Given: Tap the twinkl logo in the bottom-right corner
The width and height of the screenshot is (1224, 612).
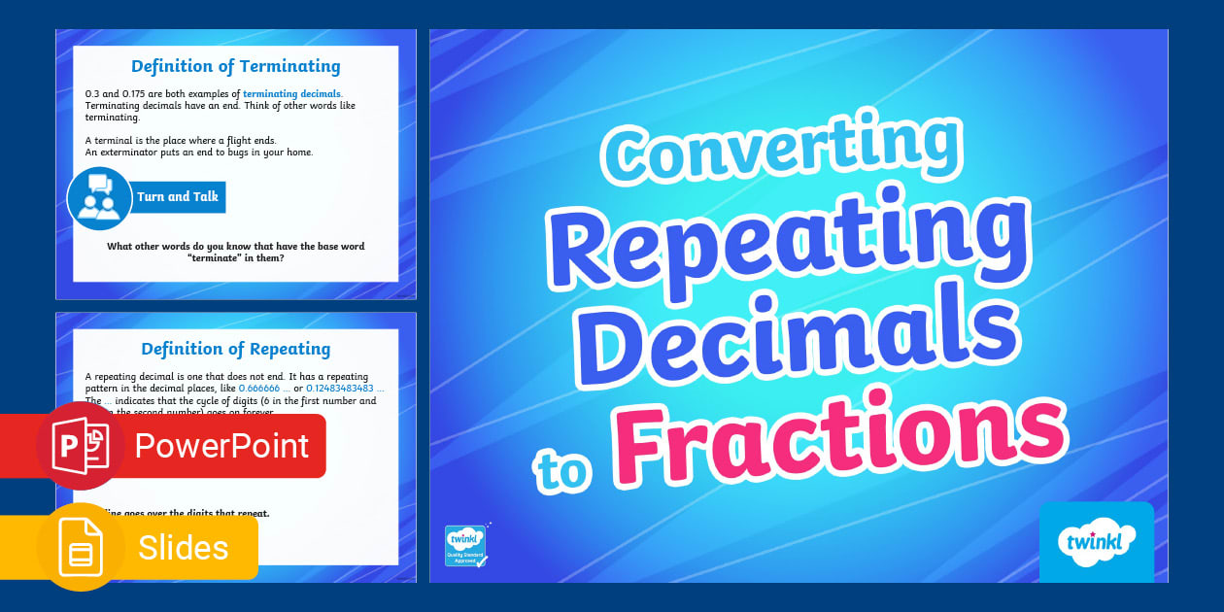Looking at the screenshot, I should (x=1096, y=542).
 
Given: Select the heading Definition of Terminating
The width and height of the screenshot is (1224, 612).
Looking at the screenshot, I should (x=235, y=66).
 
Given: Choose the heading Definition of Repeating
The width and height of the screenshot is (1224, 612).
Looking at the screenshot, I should (x=235, y=349).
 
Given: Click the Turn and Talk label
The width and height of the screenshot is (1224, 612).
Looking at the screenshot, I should (x=178, y=196).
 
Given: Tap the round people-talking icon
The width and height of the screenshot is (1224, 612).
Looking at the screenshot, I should (x=99, y=198).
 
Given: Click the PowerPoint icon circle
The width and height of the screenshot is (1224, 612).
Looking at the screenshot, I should (x=80, y=446).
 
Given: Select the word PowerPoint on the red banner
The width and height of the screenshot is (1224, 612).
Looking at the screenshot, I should (x=221, y=446).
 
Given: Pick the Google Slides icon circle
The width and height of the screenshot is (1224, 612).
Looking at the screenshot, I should (x=80, y=548).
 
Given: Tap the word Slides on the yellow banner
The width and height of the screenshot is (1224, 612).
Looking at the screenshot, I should (x=183, y=548).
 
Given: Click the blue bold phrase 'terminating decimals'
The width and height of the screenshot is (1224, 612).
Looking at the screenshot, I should (x=291, y=94).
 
